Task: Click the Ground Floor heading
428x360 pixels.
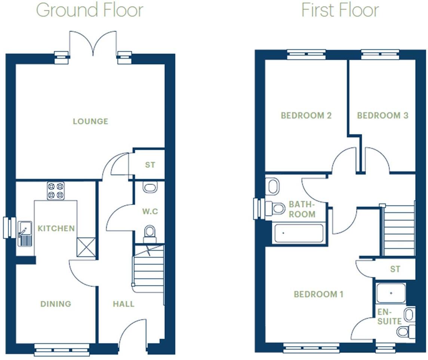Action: point(90,10)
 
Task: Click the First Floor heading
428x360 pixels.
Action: point(340,10)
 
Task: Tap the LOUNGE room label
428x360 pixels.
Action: point(90,121)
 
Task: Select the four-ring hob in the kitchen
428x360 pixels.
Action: point(56,190)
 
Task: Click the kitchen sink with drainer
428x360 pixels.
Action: point(25,234)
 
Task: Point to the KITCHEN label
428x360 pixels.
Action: point(56,228)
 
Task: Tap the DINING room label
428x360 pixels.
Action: point(56,304)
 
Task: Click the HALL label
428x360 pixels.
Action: point(124,304)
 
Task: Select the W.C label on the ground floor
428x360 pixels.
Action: point(150,211)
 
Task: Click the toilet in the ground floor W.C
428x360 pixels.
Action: point(150,234)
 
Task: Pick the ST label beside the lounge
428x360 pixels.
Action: point(150,165)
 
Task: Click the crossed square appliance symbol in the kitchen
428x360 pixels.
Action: point(86,247)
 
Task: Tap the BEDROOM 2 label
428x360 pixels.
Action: point(306,115)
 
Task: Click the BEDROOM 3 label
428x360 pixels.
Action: point(383,115)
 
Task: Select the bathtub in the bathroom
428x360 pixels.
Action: point(299,233)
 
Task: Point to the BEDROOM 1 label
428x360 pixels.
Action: point(318,294)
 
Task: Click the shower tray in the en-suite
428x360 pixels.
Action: point(391,293)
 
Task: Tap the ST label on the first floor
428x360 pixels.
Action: point(395,269)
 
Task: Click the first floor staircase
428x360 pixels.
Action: point(399,230)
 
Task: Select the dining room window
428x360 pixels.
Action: point(62,350)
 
